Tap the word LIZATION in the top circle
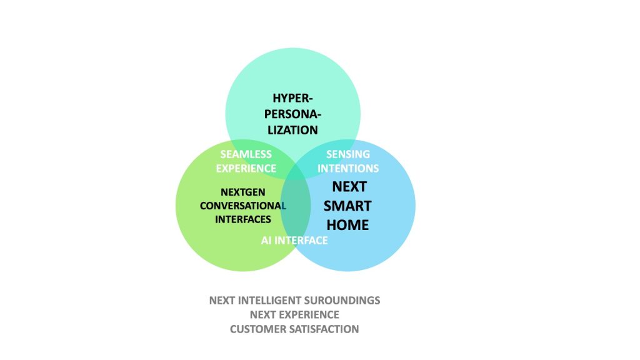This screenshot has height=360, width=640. (292, 130)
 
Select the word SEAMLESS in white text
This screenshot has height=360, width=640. (246, 154)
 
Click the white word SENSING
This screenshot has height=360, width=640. (349, 154)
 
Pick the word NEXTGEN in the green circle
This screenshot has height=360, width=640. (246, 192)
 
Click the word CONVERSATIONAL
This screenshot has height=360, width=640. (243, 205)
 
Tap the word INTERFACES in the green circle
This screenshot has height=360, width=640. (243, 219)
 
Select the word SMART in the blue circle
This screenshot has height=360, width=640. (347, 206)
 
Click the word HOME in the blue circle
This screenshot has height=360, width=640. (348, 224)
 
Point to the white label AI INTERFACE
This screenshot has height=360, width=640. (294, 241)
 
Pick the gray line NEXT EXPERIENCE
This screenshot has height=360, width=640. (294, 314)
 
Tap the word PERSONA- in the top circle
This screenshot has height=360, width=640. (292, 114)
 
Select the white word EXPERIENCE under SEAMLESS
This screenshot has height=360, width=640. (246, 168)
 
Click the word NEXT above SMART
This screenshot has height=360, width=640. (349, 186)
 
